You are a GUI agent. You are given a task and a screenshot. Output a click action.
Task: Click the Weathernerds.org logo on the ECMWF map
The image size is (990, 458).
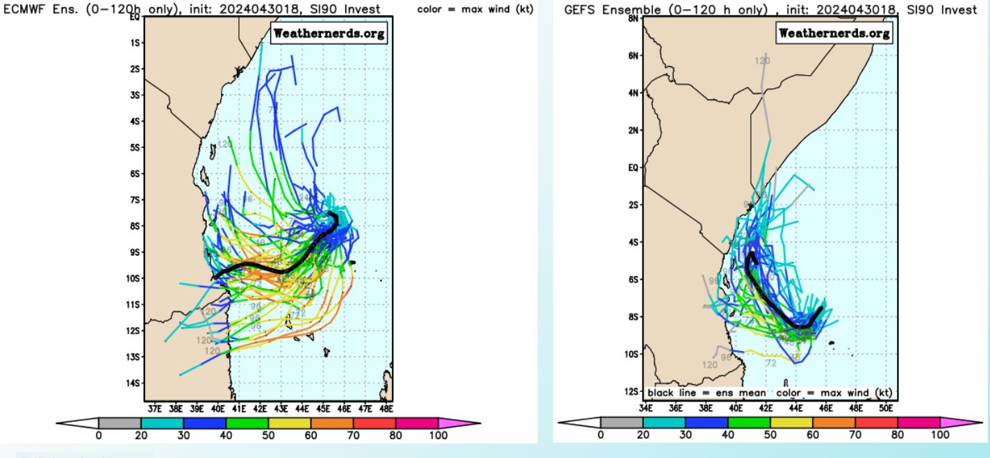pyautogui.click(x=329, y=34)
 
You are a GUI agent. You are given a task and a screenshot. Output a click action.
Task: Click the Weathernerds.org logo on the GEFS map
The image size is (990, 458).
pyautogui.click(x=834, y=33)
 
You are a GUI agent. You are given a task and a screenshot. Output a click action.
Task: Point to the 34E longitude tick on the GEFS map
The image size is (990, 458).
pyautogui.click(x=647, y=408)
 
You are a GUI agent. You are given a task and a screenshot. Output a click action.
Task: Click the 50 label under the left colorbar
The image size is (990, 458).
pyautogui.click(x=268, y=435)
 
